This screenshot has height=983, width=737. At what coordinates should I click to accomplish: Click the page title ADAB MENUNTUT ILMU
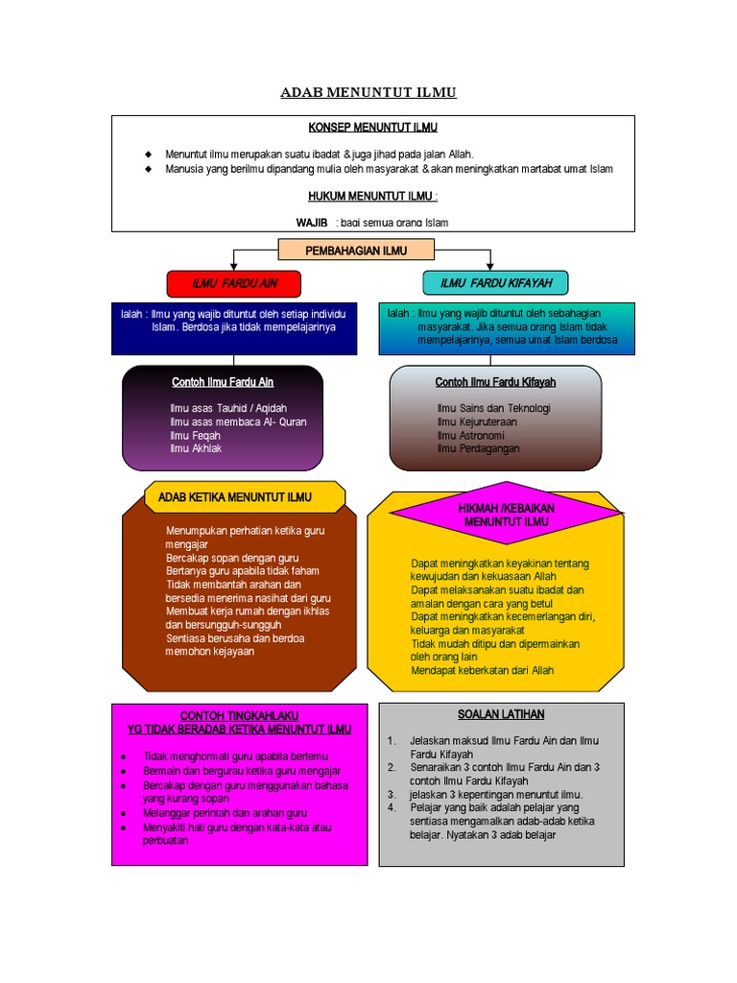click(368, 93)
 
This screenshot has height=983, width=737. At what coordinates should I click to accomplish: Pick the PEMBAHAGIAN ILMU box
click(356, 251)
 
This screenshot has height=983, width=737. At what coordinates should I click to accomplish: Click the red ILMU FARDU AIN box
click(234, 283)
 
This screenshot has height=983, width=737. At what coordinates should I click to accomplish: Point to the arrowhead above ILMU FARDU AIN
click(234, 265)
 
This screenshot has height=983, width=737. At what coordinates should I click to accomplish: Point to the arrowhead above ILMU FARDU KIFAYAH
click(490, 265)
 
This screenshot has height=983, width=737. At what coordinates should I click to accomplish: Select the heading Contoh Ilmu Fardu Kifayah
click(495, 382)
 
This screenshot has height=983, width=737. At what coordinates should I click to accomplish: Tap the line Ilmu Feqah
click(195, 435)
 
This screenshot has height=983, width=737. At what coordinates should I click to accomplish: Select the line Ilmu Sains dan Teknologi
click(493, 408)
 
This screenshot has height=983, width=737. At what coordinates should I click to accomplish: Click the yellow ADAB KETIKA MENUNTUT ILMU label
click(242, 497)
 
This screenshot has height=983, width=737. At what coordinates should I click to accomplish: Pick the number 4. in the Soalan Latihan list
click(392, 808)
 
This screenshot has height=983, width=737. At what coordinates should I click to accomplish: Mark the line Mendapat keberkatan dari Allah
click(482, 670)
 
